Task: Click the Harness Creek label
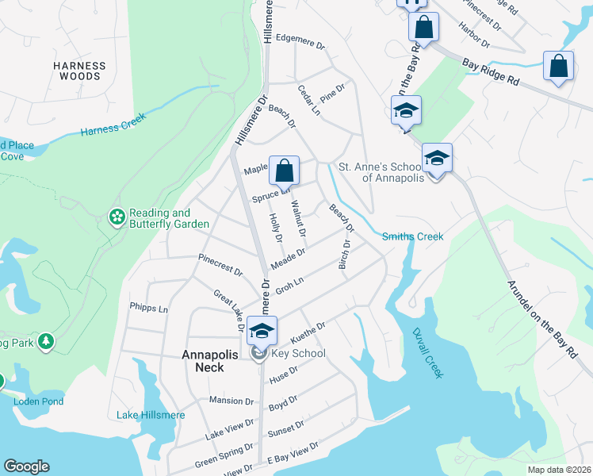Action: pos(114,127)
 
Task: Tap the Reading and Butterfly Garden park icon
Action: pos(117,217)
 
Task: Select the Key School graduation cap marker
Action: pos(262,330)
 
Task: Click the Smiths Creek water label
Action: pos(412,236)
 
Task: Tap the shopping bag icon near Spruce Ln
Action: pos(284,171)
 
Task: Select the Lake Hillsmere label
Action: pos(150,415)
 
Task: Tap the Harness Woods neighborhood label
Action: pos(78,71)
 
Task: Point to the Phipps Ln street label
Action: pos(149,308)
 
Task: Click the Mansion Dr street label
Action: pos(230,400)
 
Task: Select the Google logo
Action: pos(26,466)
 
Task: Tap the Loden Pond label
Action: pos(38,401)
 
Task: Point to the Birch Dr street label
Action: pos(344,254)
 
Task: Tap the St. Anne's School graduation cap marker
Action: pos(436,158)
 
